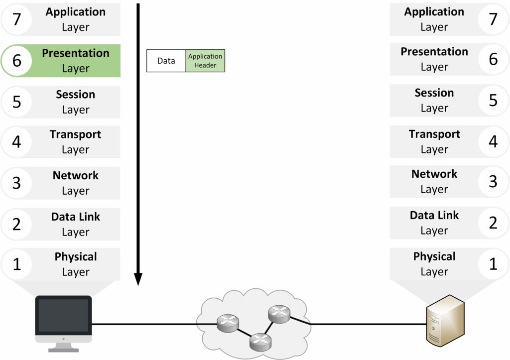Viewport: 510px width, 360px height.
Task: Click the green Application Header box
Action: pos(205,61)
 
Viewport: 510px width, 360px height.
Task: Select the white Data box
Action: pos(166,61)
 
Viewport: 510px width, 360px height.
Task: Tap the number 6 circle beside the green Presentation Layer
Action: pos(16,60)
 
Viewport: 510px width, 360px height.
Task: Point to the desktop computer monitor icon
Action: pos(64,319)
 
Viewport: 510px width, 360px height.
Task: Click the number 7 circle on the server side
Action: pos(493,19)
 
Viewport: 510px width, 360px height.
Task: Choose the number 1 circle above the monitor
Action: pos(16,264)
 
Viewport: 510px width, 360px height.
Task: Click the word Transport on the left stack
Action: pos(75,134)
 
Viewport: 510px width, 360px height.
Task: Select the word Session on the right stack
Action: pos(434,93)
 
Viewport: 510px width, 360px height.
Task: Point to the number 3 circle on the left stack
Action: pos(16,183)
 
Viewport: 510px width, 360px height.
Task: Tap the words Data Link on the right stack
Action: pos(434,216)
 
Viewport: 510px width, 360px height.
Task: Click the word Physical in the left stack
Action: pos(76,257)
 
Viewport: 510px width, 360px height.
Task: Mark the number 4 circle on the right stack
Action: pos(493,141)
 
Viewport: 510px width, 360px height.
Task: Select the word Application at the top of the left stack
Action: pos(76,12)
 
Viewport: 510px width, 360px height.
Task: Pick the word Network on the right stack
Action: pos(434,174)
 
